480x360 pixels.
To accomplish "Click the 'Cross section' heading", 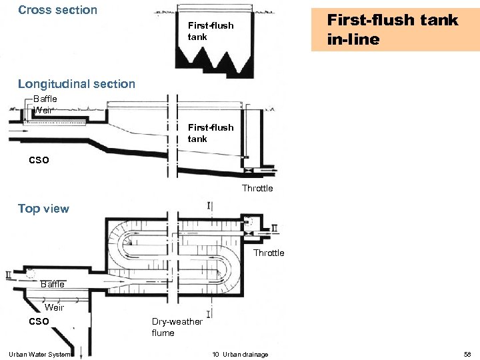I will click(x=57, y=10).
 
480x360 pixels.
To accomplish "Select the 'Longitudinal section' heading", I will click(x=76, y=84).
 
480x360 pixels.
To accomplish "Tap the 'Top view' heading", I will click(x=43, y=209).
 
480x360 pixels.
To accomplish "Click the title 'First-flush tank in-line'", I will click(x=392, y=29).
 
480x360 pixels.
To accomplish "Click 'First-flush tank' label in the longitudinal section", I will click(x=210, y=133).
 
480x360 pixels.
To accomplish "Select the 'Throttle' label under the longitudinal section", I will click(x=257, y=189).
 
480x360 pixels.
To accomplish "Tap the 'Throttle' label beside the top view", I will click(x=269, y=253).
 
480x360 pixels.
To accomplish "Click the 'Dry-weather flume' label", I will click(x=177, y=327).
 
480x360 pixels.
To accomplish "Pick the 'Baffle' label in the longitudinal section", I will click(x=45, y=99).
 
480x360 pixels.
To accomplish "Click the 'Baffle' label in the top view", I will click(x=53, y=285).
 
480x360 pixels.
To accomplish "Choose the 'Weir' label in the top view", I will click(x=54, y=307).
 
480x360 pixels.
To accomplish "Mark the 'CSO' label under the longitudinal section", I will click(x=39, y=160).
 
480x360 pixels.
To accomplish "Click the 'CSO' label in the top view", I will click(x=39, y=322).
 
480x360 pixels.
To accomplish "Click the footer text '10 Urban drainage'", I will click(x=241, y=354).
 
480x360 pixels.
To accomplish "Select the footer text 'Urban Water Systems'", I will click(x=40, y=354).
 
